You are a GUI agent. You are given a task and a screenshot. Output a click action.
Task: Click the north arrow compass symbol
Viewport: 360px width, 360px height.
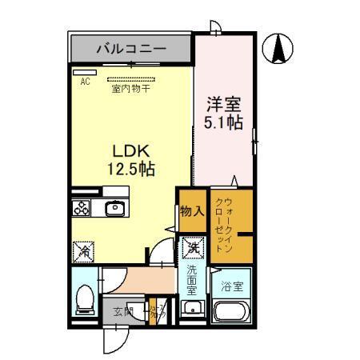(x=280, y=50)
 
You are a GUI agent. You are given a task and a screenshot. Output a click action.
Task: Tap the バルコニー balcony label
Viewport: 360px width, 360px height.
(x=131, y=50)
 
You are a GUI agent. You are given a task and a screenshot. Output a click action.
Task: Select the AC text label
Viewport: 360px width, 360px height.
(x=84, y=81)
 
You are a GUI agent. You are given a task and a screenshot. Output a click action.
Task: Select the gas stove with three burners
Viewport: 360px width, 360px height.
(x=83, y=208)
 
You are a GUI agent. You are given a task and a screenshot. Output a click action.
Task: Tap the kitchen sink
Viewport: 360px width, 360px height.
(x=114, y=208)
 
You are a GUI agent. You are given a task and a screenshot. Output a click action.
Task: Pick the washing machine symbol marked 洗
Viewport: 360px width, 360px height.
(x=192, y=249)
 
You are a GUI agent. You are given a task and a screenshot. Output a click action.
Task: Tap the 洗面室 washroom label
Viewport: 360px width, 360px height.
(x=192, y=281)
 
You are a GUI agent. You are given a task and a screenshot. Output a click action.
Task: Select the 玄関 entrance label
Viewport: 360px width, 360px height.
(x=122, y=312)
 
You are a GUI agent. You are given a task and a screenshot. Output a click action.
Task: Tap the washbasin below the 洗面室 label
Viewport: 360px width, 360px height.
(x=192, y=309)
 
